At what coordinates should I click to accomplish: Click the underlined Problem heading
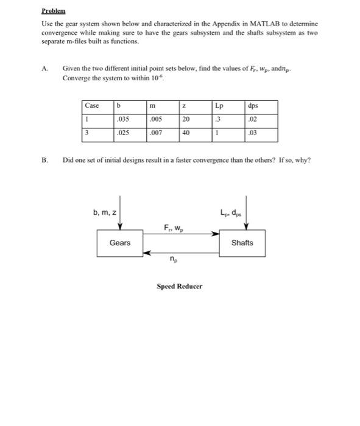coord(53,12)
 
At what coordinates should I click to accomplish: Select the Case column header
coord(93,105)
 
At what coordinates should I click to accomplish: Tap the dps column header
coord(254,105)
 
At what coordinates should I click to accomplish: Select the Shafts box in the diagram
coord(242,243)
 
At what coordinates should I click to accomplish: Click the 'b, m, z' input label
coord(104,212)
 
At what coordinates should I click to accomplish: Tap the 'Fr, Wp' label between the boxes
coord(172,228)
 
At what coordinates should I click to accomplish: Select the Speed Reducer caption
coord(179,285)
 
